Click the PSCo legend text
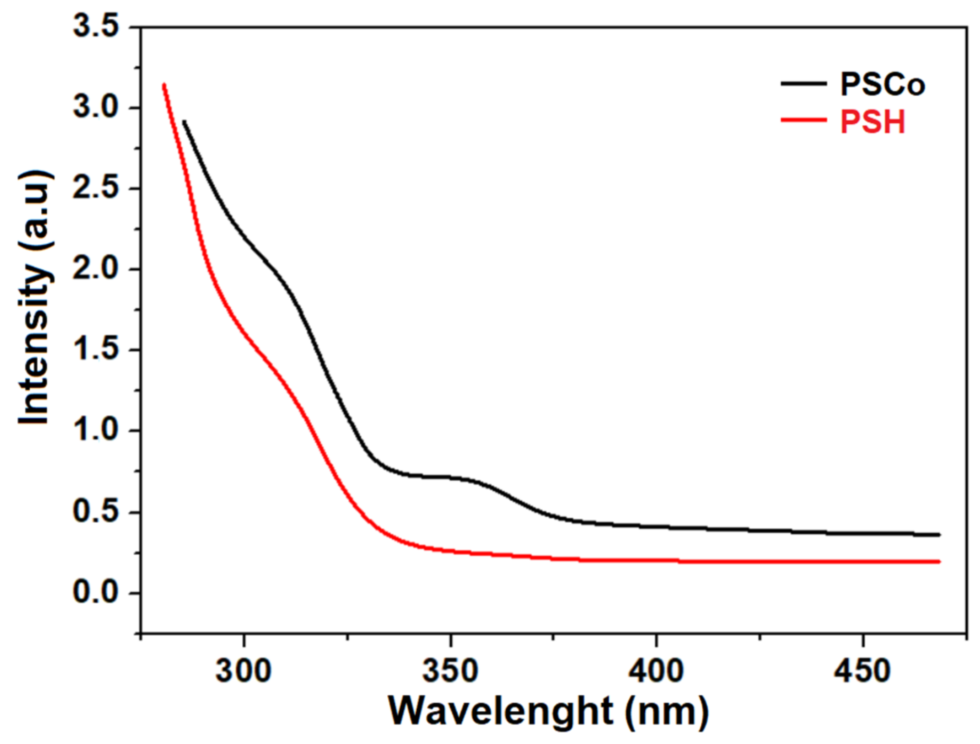882,85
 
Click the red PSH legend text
873,122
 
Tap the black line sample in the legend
804,83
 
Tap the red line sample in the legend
804,120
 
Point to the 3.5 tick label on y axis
95,26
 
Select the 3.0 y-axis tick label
95,107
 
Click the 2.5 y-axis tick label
95,188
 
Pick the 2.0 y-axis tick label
95,269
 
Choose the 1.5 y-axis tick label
95,349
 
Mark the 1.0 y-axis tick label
95,431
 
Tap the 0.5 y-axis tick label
95,512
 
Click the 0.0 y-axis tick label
95,593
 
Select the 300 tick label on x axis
243,671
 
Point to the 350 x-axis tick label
450,671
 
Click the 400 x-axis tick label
656,671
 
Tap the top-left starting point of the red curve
164,85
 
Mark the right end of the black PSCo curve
939,535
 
